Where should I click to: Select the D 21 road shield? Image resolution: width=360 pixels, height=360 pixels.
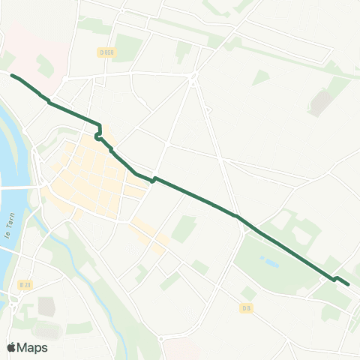point(25,284)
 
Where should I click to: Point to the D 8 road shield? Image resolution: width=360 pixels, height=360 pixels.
point(245,307)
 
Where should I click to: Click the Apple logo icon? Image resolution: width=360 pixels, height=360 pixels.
point(11,347)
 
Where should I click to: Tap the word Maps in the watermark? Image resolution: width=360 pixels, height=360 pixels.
point(33,347)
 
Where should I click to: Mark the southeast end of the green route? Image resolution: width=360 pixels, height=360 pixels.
point(349,283)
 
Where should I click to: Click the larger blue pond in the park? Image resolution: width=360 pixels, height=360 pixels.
point(265,262)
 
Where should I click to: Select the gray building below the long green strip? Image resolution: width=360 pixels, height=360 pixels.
point(321,103)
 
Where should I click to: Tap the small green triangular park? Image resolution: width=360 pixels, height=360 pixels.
point(260,76)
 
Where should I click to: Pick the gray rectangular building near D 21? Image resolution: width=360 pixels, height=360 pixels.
point(46,306)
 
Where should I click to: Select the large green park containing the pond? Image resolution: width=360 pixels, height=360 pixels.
point(270,262)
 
